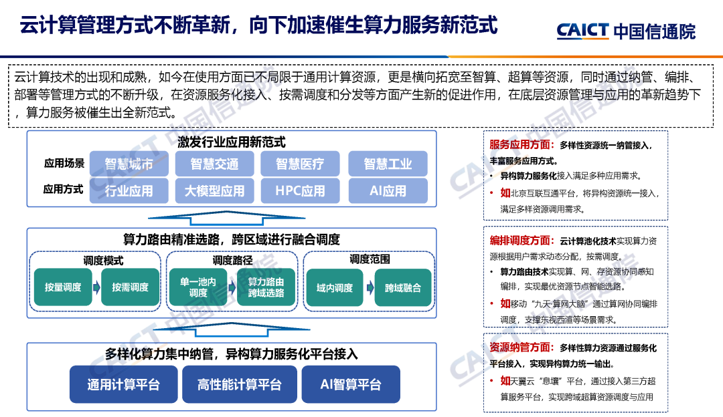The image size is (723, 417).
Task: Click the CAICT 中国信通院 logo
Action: [625, 31]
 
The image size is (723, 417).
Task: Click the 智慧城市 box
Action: [129, 164]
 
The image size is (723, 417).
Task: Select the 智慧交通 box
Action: [214, 164]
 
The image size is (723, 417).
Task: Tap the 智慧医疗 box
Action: [301, 164]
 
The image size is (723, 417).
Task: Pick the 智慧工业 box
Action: [388, 164]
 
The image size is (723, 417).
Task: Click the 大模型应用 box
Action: [214, 190]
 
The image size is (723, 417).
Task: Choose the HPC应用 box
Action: [301, 190]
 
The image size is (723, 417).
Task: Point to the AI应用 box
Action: [388, 190]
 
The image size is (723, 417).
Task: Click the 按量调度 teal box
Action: [63, 287]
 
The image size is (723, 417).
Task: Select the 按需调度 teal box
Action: [131, 287]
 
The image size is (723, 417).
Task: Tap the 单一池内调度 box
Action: [198, 287]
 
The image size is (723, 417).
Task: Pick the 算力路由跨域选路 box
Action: [266, 287]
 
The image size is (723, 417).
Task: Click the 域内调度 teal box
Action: [335, 288]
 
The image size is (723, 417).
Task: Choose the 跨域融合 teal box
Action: [403, 288]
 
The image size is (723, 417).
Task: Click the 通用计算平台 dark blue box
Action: [123, 384]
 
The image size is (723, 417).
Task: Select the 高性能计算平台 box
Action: [239, 384]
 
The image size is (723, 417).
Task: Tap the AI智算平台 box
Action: [351, 384]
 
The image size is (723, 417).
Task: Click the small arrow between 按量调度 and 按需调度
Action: [97, 287]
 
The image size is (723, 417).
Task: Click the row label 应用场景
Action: [64, 164]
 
